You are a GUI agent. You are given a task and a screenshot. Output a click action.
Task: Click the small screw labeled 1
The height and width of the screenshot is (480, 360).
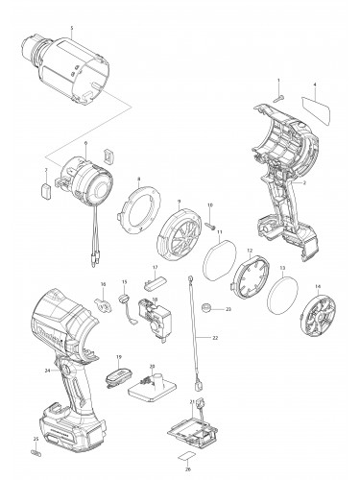point(277,93)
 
